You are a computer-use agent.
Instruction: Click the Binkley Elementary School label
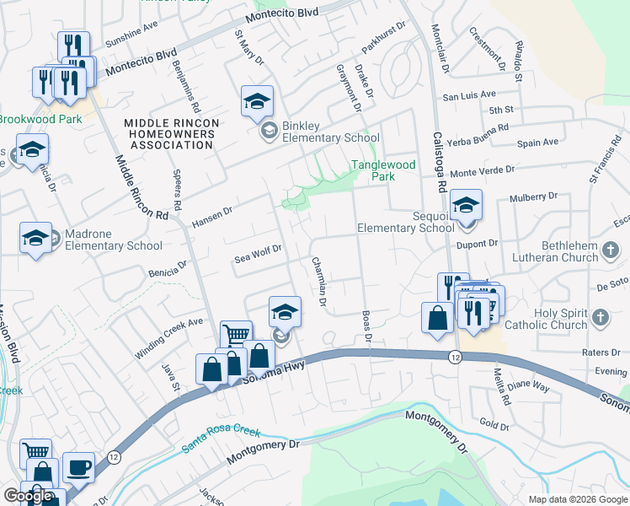pos(330,132)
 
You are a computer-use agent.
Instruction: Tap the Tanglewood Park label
pos(383,171)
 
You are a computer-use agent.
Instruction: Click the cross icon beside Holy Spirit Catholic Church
pos(600,318)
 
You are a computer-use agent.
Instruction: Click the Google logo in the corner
pos(28,496)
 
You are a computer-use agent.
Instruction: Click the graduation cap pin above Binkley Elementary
pos(257,102)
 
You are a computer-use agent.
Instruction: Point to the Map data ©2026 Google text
pos(577,499)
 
